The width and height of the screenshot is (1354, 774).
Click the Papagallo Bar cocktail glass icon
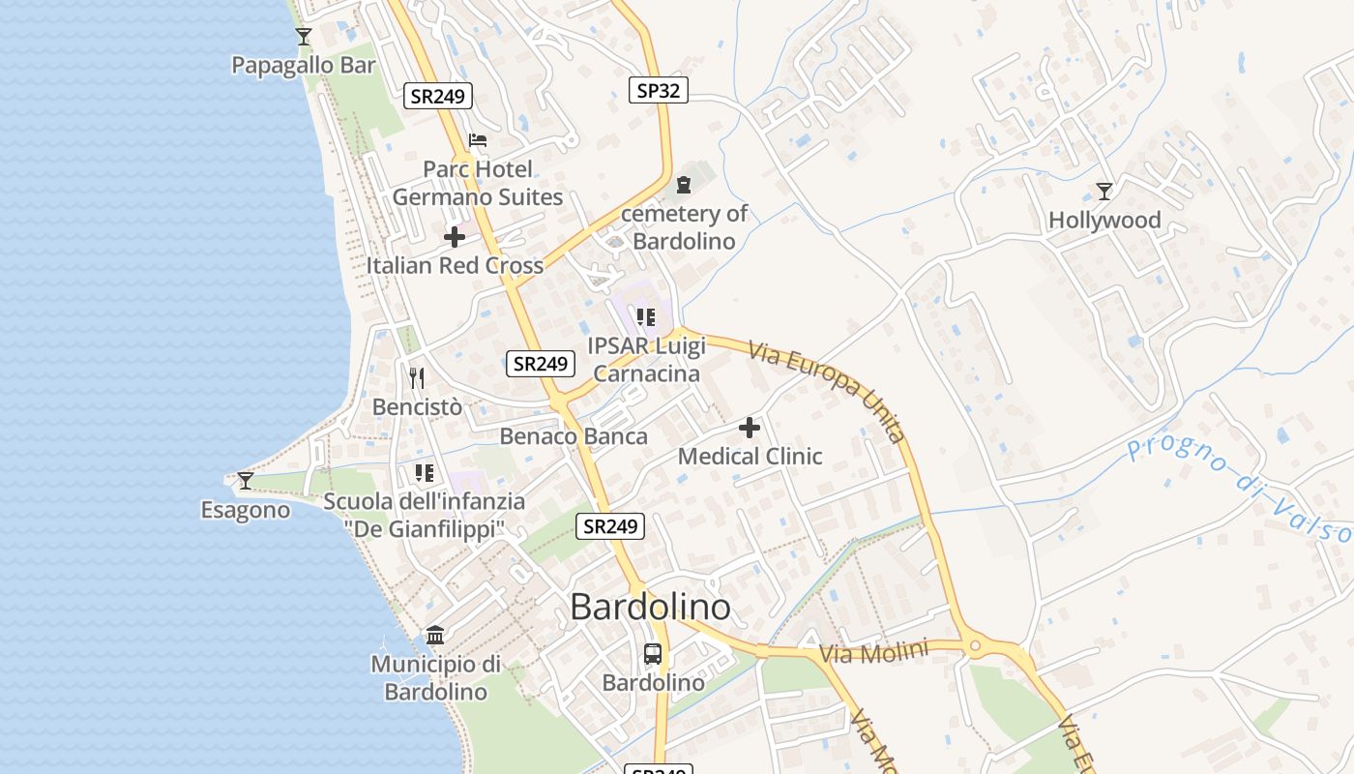304,37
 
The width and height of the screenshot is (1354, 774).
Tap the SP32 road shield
659,91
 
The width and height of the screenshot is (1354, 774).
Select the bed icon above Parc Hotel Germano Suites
478,140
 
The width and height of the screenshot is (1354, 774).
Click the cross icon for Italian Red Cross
455,237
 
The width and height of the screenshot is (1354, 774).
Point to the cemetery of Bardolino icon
685,184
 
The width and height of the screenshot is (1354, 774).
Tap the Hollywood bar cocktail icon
1104,191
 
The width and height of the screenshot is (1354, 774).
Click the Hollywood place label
1104,221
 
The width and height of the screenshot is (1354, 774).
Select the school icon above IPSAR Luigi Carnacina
647,316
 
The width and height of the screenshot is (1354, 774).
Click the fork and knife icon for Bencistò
417,377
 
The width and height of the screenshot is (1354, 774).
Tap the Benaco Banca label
574,436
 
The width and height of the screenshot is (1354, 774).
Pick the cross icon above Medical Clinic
750,427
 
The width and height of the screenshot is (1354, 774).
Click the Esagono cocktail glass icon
246,480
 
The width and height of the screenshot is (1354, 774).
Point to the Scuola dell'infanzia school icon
424,472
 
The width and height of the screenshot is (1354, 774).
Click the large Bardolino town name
650,607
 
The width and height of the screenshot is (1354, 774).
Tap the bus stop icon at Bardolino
653,654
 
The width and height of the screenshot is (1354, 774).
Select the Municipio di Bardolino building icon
435,636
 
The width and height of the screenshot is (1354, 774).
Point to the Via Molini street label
873,651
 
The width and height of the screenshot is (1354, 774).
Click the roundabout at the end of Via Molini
974,645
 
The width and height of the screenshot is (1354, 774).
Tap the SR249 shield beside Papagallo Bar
437,95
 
